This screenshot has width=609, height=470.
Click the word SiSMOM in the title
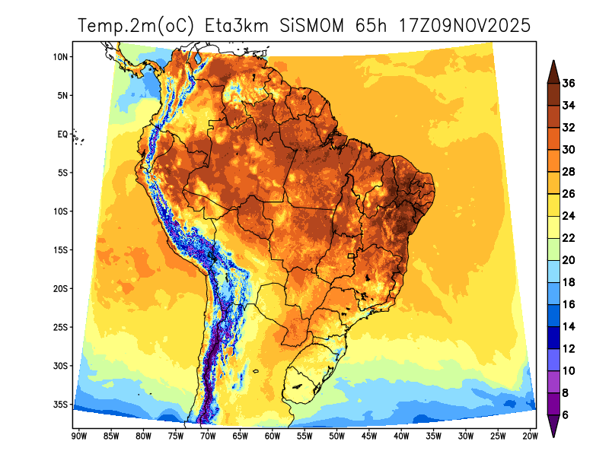(314, 26)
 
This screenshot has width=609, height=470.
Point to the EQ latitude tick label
(63, 134)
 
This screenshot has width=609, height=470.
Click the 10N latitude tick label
(62, 57)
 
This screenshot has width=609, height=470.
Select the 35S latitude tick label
(62, 405)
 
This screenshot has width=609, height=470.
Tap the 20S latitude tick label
(62, 289)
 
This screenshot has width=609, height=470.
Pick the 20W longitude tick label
(531, 436)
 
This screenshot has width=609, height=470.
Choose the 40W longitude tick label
(401, 436)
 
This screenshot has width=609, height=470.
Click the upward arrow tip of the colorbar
(553, 62)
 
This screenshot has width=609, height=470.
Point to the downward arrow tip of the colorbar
(553, 437)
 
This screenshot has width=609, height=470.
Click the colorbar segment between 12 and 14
(553, 338)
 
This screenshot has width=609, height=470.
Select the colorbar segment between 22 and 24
(553, 227)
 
